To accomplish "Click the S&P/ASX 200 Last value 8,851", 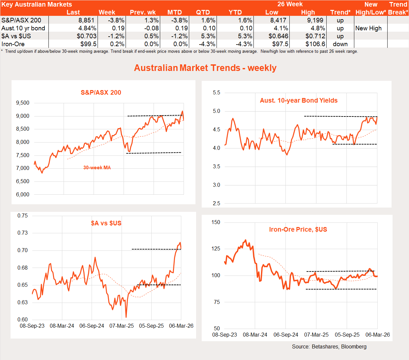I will tap(86, 20).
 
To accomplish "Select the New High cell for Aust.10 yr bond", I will tap(368, 28).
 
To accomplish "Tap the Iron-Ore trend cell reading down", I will tap(340, 44).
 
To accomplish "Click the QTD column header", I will tap(203, 13).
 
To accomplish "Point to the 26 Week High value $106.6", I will tap(315, 44).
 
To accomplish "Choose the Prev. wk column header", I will tap(143, 13).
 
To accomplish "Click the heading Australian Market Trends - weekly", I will tap(205, 68).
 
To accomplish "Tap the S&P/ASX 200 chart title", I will tap(101, 93).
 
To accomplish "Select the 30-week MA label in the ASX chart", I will tap(97, 168).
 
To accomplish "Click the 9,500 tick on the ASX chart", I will tap(23, 103).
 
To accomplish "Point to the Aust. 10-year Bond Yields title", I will tap(299, 101).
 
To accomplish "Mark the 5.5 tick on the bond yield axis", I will tap(216, 93).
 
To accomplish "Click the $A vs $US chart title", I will tap(106, 223).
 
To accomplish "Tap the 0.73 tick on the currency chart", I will tap(23, 233).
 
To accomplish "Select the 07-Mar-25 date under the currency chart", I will tap(122, 326).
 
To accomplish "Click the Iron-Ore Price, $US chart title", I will tap(298, 230).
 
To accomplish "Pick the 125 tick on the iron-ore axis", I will tap(216, 249).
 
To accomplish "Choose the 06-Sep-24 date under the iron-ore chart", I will tap(286, 335).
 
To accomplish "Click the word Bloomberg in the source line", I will tap(354, 347).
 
